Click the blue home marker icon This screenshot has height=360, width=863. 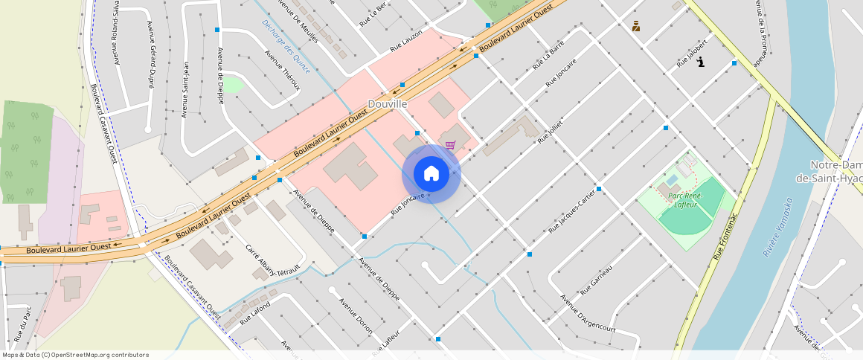coord(431,174)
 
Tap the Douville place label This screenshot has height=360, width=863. coord(388,105)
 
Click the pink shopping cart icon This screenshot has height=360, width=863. coord(450,144)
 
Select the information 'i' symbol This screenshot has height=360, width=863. coord(701,62)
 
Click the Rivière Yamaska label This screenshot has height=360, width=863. coord(778,227)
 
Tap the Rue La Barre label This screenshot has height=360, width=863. coord(548,57)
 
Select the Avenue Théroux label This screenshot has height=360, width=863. coord(283,70)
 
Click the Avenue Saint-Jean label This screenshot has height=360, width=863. coord(185,89)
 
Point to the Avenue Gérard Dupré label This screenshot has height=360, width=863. coord(151,55)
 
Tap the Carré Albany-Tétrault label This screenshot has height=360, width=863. coord(272,260)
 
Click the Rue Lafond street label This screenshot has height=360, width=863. coord(255,310)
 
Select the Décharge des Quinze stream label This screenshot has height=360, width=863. coord(286,46)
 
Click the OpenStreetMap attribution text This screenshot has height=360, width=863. coord(75,355)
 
